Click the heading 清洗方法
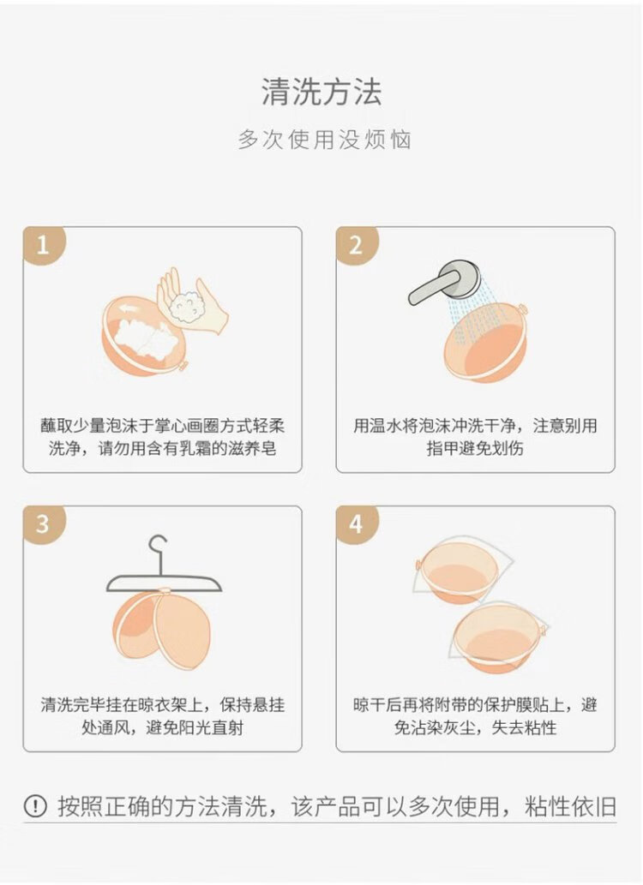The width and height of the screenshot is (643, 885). coord(321,92)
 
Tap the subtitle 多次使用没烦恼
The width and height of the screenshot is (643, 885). coord(324,140)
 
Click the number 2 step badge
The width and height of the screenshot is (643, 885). coord(357,246)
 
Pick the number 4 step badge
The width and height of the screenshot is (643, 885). coord(357,524)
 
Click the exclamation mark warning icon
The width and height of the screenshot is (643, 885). coord(35,806)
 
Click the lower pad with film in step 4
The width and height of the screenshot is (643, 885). coord(497,637)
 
